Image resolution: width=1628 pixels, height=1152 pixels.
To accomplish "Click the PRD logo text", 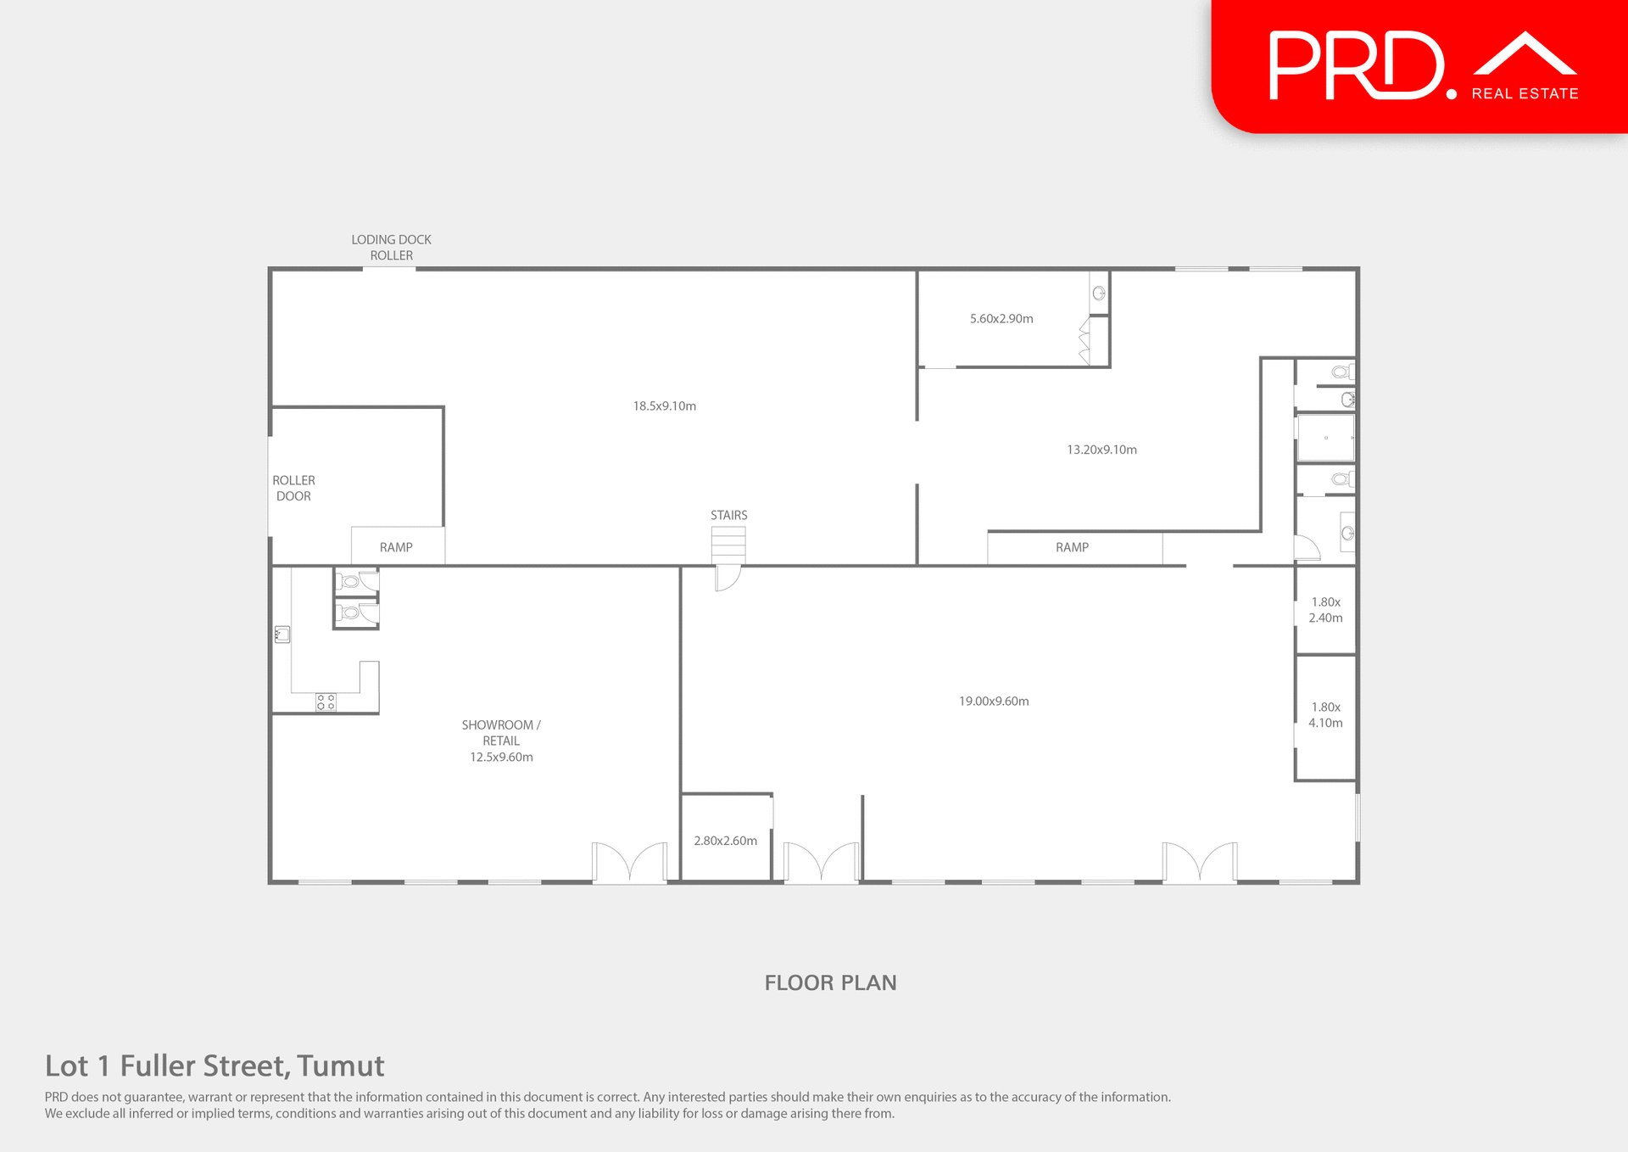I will pos(1357,66).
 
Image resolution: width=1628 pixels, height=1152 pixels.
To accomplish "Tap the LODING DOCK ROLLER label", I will pos(391,248).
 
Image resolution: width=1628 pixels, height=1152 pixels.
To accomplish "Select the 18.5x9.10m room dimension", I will pos(664,406).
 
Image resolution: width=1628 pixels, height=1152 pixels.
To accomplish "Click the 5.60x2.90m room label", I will pos(1001,319).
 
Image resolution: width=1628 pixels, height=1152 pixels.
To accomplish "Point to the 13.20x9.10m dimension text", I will pos(1101,450).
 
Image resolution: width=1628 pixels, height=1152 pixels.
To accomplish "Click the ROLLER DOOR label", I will pos(293,488).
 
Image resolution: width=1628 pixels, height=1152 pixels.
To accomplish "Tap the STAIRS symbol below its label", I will pos(728,544).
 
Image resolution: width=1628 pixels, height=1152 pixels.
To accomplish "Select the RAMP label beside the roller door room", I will pos(396,547).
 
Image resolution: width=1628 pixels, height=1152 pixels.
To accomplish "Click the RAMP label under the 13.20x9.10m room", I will pos(1072,547).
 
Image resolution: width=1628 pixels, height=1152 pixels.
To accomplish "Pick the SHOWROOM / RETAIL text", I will pos(500,733).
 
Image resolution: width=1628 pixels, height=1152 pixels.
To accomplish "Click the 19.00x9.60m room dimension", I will pos(994,701).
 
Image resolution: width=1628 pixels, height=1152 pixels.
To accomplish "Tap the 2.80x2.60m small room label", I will pos(725,841).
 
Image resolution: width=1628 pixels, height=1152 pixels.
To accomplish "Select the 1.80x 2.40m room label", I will pos(1325,610).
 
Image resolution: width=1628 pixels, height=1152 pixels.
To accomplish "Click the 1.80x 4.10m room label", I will pos(1325,715).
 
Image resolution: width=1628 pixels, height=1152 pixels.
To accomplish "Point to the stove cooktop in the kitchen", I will pos(326,702).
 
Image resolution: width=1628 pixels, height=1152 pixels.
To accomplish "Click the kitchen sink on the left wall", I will pos(282,634).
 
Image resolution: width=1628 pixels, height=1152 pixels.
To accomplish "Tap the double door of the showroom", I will pos(629,863).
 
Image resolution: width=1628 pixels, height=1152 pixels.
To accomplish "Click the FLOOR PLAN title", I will pos(830,982).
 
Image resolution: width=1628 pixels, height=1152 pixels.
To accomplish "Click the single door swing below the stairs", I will pos(728,578).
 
